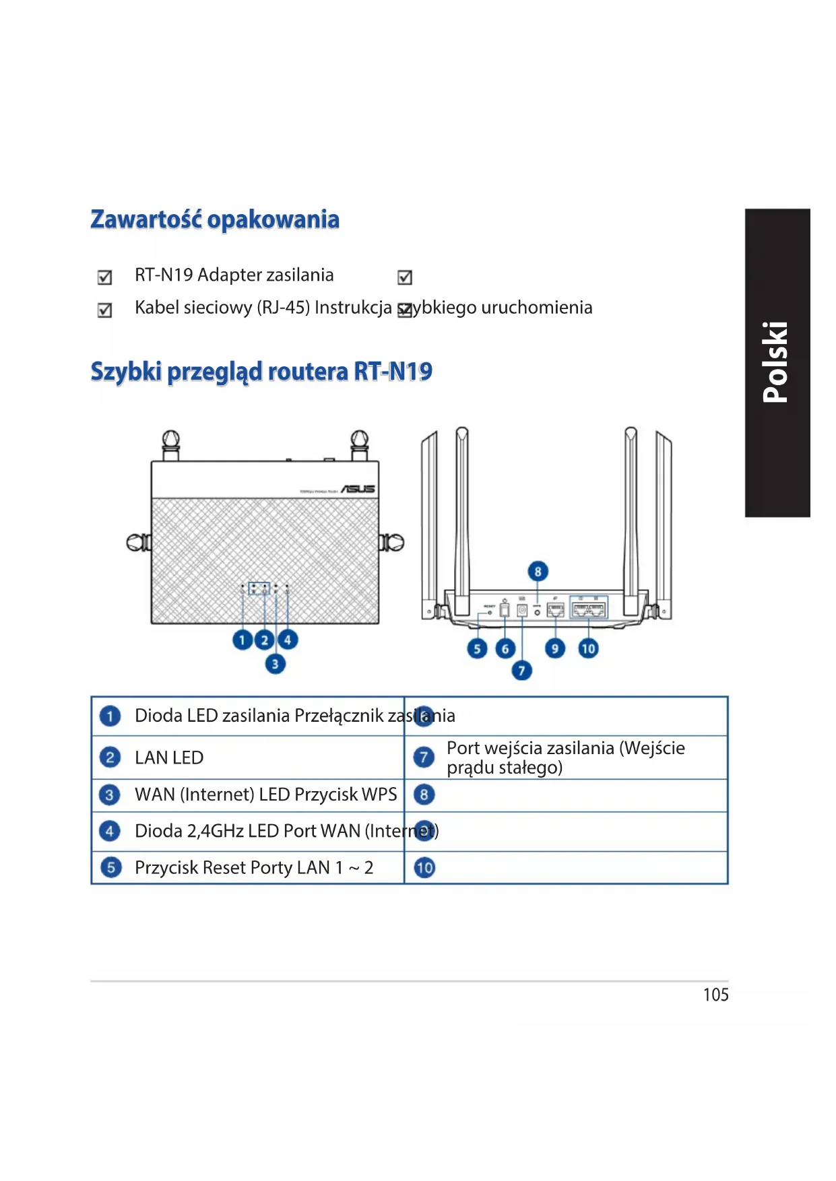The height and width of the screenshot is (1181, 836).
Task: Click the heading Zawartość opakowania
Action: click(215, 220)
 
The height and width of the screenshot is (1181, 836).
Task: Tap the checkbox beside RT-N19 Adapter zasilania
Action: click(104, 277)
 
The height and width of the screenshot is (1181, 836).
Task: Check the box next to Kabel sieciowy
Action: click(104, 310)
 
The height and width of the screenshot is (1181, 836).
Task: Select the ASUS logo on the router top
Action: click(358, 489)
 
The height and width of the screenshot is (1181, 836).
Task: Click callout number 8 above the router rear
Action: click(538, 572)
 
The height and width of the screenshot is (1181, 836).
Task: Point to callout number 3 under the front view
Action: click(275, 665)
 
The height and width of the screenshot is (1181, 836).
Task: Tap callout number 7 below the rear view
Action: click(521, 671)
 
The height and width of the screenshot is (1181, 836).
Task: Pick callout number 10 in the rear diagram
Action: click(588, 648)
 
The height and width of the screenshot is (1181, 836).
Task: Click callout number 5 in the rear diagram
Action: click(477, 648)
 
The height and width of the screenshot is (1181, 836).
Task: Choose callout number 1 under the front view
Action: click(242, 640)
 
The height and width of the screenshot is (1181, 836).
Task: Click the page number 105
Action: click(715, 994)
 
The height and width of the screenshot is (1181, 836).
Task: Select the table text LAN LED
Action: click(169, 757)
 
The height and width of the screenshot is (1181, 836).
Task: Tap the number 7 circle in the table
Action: click(424, 757)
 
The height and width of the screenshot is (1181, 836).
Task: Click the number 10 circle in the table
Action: click(424, 868)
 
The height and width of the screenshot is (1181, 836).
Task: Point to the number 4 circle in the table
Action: click(110, 831)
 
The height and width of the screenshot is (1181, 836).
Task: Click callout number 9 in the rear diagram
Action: click(554, 648)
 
